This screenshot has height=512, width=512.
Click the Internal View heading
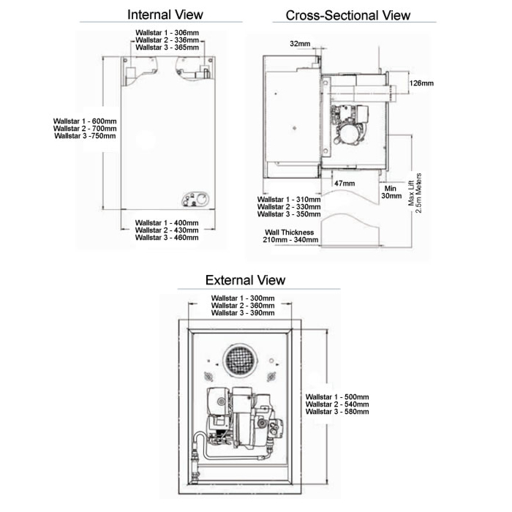(x=165, y=15)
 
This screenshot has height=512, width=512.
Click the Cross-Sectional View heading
(x=347, y=15)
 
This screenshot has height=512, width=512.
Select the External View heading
(x=245, y=280)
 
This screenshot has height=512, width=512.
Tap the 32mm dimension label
(x=300, y=44)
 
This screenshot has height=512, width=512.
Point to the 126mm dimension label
(x=422, y=83)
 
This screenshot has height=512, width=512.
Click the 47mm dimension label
(x=344, y=183)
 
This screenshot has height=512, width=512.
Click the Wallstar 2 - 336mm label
(x=167, y=39)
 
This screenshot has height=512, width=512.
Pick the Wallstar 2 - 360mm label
(x=242, y=306)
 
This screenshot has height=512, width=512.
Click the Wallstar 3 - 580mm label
(x=337, y=412)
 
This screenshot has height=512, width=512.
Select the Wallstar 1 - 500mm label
(x=337, y=397)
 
